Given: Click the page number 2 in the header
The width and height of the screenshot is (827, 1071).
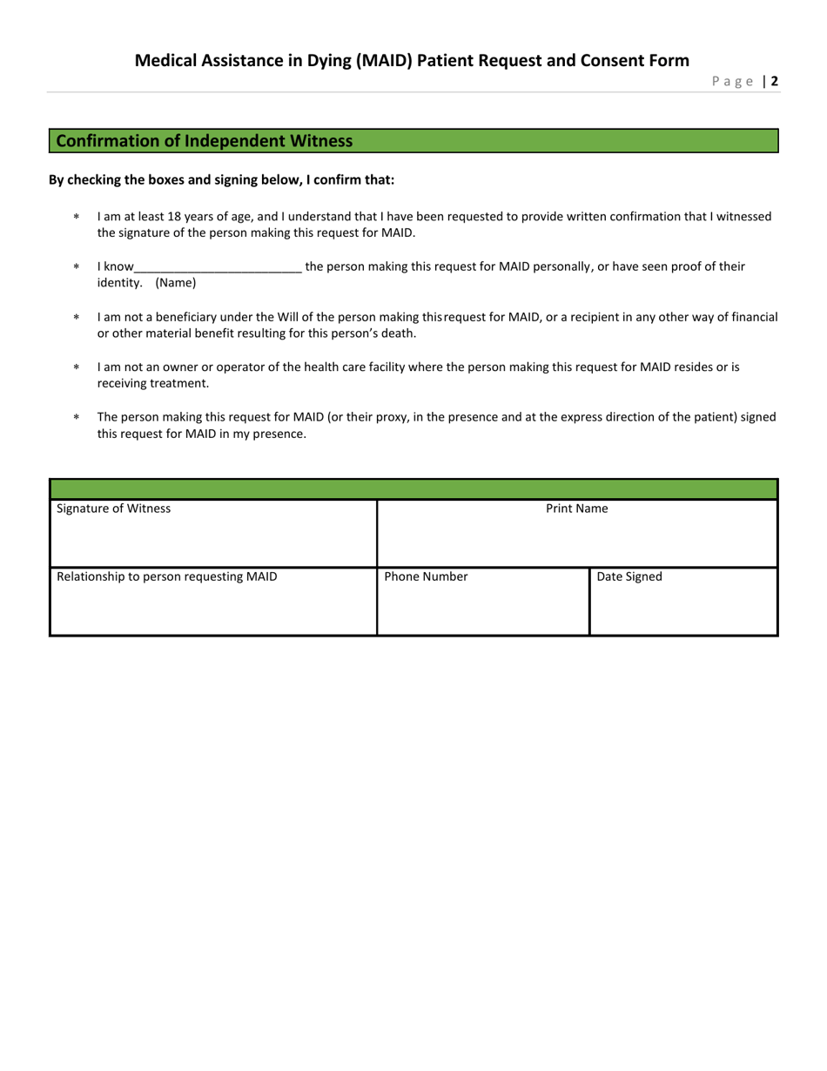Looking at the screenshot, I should point(774,82).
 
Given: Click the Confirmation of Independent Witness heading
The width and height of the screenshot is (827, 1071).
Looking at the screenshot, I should point(205,141).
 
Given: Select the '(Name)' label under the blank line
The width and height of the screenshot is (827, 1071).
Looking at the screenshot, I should point(176,283).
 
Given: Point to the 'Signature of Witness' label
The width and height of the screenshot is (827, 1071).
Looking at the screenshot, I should point(114,509).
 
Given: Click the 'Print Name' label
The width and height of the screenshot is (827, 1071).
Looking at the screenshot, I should point(577,509).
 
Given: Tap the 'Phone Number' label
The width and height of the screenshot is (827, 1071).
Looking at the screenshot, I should point(426,576).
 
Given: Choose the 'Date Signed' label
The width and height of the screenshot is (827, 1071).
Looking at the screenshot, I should point(629,576).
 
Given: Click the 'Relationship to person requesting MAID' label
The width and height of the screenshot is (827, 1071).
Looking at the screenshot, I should point(167,576).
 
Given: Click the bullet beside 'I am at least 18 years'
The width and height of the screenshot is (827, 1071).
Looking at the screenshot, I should point(76,217).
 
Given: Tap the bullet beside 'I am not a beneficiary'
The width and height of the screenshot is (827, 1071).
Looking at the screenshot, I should point(76,318).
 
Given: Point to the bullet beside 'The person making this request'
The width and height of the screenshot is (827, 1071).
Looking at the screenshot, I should point(76,418).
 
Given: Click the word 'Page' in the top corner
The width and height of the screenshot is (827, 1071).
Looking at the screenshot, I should point(732,82).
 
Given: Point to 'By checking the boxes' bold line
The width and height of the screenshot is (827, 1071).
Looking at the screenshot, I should point(221,180).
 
